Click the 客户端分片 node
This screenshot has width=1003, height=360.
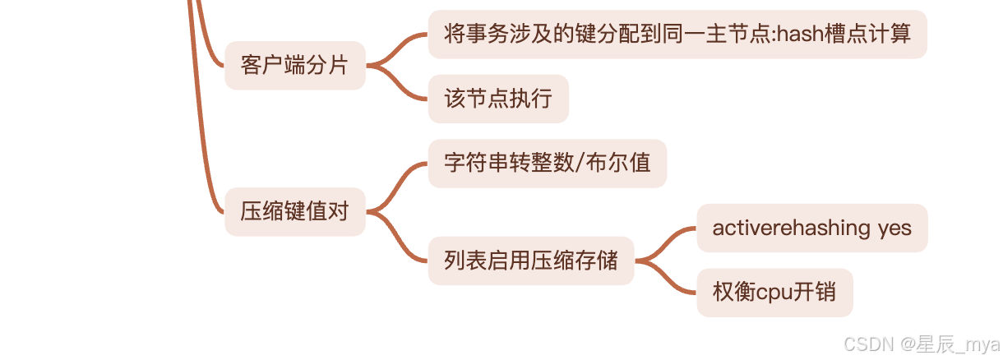(x=294, y=65)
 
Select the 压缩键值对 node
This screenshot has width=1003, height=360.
(x=294, y=211)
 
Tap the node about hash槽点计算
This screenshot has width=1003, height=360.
(x=677, y=34)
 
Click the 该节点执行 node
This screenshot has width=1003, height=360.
(x=497, y=99)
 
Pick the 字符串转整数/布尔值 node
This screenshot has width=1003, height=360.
(x=547, y=163)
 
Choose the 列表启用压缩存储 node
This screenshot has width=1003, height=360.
(x=530, y=261)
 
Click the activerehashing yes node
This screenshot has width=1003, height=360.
(x=811, y=228)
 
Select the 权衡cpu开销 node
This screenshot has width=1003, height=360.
(x=774, y=292)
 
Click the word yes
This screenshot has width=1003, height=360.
(x=894, y=228)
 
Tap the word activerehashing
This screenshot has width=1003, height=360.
(x=791, y=228)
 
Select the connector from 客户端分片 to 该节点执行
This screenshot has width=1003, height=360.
(x=400, y=84)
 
